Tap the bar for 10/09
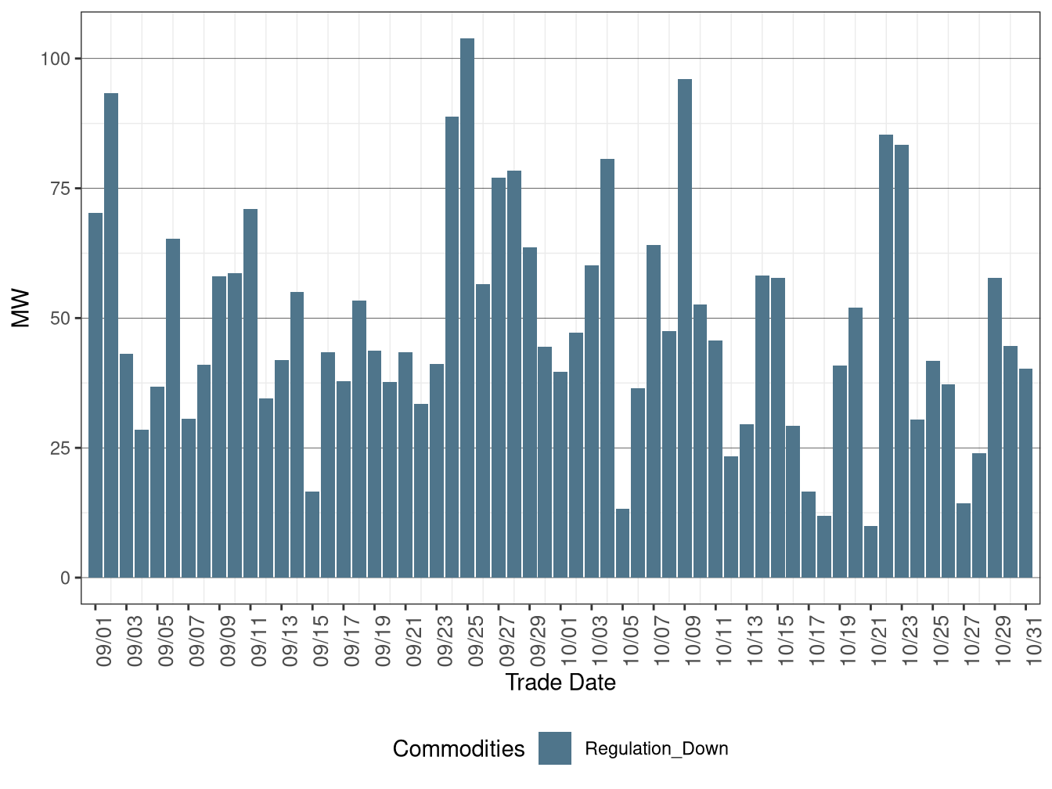click(x=685, y=328)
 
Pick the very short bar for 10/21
click(x=870, y=552)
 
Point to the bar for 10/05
click(x=622, y=543)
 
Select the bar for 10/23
click(x=902, y=361)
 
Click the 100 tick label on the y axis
click(x=56, y=59)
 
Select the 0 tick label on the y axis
click(x=65, y=578)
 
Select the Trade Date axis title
click(x=560, y=683)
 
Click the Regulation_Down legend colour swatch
click(x=555, y=748)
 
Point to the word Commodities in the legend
click(x=459, y=749)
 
